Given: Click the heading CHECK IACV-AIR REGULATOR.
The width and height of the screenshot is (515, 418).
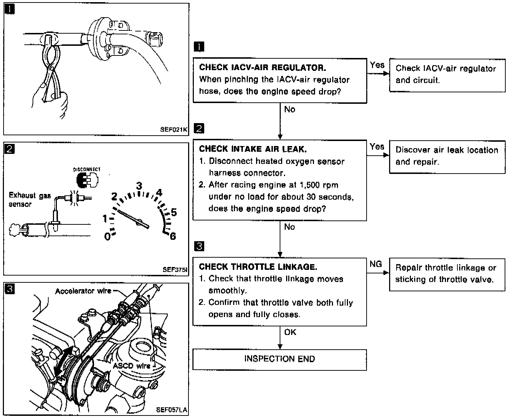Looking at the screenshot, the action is point(263,68).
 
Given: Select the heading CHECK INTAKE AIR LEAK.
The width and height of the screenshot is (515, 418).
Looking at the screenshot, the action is point(252,149).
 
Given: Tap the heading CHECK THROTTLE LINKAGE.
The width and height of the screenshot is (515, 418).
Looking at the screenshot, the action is point(258,267).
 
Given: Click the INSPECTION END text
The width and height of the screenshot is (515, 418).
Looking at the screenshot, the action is point(280,359).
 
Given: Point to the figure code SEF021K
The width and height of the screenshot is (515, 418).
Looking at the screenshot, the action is point(173,130).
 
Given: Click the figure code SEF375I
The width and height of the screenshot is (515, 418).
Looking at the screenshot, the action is point(175,270).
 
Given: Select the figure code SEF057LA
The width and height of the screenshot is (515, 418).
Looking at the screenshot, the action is point(171,409).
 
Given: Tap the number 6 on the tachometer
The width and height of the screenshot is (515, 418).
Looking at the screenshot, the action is point(173,236).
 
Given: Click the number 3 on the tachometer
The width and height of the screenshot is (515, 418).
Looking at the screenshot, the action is point(139,186).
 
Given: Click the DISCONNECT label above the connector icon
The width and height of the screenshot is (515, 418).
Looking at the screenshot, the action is point(87,169).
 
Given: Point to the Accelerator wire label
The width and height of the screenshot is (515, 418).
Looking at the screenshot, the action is point(83,291).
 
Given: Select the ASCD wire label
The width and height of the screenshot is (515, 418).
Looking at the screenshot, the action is point(132,366).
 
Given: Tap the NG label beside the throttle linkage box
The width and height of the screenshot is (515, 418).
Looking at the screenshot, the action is point(376,264).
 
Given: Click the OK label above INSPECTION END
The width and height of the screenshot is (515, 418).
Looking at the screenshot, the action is point(290,332).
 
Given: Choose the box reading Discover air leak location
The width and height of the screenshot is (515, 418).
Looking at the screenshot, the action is point(447,157).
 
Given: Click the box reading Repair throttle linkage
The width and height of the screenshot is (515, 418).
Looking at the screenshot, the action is point(447,274).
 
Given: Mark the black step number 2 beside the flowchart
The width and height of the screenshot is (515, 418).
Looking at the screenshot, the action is point(199,128).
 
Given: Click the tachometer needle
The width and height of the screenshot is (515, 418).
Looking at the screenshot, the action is point(131,218).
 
